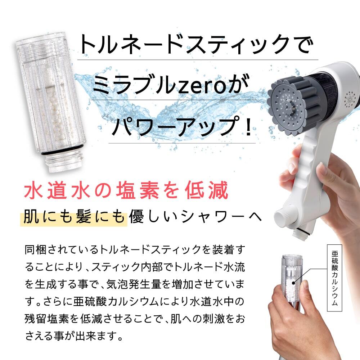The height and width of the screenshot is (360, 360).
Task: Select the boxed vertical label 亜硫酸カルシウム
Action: [334, 278]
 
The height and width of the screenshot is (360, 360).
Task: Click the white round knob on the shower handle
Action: [283, 216]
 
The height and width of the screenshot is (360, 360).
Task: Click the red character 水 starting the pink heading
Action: [33, 190]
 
